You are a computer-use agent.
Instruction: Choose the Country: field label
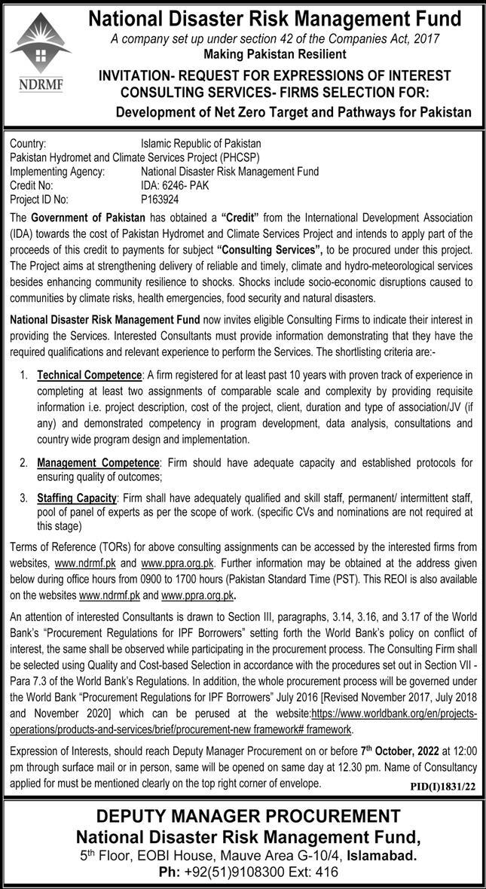coord(29,142)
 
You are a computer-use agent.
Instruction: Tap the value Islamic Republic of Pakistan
coord(200,142)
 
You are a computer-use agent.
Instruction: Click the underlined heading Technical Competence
coord(90,375)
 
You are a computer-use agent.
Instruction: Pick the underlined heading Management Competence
coord(99,461)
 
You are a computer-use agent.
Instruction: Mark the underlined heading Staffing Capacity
coord(77,498)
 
